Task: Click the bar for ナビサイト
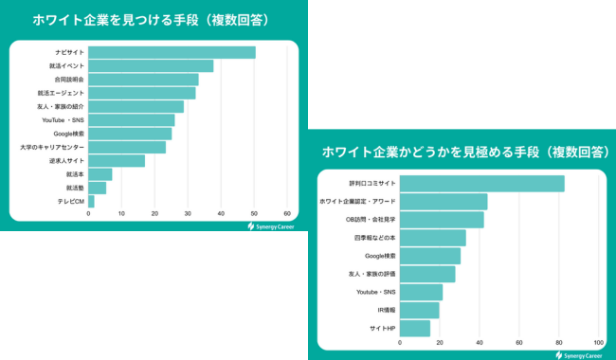[x=172, y=52]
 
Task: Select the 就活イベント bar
[x=151, y=65]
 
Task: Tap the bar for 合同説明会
[x=143, y=80]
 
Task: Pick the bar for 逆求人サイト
[x=117, y=161]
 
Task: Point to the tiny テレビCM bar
[x=91, y=202]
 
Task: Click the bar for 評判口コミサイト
[x=481, y=184]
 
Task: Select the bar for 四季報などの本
[x=432, y=238]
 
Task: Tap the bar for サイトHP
[x=415, y=328]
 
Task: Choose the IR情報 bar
[x=419, y=310]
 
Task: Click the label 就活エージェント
[x=61, y=93]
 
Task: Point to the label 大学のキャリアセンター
[x=52, y=148]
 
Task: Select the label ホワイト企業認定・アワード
[x=358, y=202]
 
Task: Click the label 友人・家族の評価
[x=372, y=274]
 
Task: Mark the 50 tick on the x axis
[x=254, y=214]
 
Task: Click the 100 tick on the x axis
[x=598, y=342]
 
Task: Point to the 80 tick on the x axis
[x=558, y=342]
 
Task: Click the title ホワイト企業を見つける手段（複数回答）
[x=146, y=19]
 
